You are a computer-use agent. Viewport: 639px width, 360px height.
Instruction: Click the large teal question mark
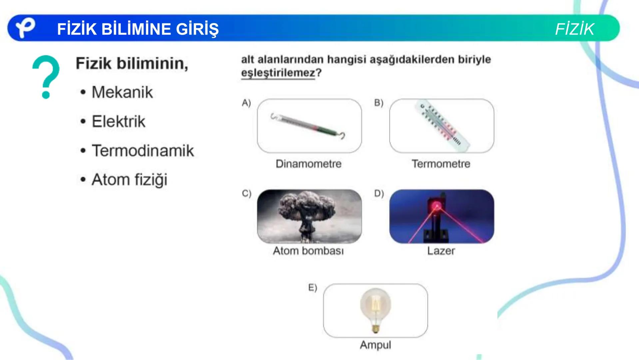pyautogui.click(x=46, y=76)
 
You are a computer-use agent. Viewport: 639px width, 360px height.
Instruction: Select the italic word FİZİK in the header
pyautogui.click(x=574, y=29)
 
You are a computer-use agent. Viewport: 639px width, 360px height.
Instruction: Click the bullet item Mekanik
pyautogui.click(x=122, y=92)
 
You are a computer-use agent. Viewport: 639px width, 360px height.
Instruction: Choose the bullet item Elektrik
pyautogui.click(x=118, y=121)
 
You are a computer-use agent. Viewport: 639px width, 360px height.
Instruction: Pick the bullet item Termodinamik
pyautogui.click(x=143, y=151)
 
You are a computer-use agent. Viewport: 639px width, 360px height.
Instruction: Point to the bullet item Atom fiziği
pyautogui.click(x=129, y=180)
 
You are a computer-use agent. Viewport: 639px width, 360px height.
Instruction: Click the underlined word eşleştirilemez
pyautogui.click(x=278, y=73)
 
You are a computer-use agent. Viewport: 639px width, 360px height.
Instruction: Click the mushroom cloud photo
pyautogui.click(x=309, y=216)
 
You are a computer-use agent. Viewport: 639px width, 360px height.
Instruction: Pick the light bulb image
pyautogui.click(x=375, y=310)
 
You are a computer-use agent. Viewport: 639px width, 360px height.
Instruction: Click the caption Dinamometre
pyautogui.click(x=309, y=164)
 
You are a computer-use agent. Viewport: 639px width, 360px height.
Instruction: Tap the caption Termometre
pyautogui.click(x=441, y=164)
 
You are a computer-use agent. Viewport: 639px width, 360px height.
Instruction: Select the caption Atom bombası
pyautogui.click(x=308, y=251)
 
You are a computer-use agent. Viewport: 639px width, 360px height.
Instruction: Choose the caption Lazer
pyautogui.click(x=441, y=251)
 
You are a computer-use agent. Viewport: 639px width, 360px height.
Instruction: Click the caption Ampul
pyautogui.click(x=375, y=345)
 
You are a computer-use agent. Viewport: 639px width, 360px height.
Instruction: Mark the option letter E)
pyautogui.click(x=313, y=288)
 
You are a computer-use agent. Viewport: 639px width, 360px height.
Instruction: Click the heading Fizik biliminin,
pyautogui.click(x=132, y=63)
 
